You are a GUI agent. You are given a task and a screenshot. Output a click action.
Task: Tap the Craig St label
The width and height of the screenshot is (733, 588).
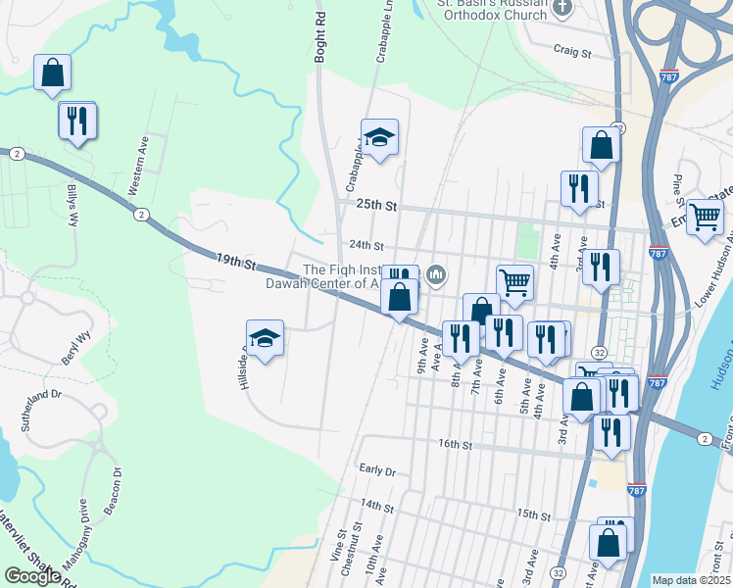574,50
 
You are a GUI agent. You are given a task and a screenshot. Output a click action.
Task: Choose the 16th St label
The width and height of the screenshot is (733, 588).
456,444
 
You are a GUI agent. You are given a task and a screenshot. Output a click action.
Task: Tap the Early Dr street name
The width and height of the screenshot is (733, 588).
376,470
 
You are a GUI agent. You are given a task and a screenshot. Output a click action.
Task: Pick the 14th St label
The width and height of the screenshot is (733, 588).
376,507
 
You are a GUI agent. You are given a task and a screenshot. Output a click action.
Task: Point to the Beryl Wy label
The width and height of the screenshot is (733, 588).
76,347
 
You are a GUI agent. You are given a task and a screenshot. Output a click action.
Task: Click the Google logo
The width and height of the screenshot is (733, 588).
31,575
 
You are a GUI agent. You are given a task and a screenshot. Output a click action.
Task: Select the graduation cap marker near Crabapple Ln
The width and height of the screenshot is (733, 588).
379,138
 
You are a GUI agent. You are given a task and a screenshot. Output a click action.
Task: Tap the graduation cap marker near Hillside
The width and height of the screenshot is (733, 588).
265,338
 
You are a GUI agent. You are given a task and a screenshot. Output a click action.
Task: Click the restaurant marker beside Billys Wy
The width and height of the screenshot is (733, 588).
76,121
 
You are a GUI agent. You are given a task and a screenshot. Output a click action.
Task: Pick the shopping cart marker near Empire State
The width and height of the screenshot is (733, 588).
704,217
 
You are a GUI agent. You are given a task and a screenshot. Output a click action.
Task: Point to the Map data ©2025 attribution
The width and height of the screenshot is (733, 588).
692,580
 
